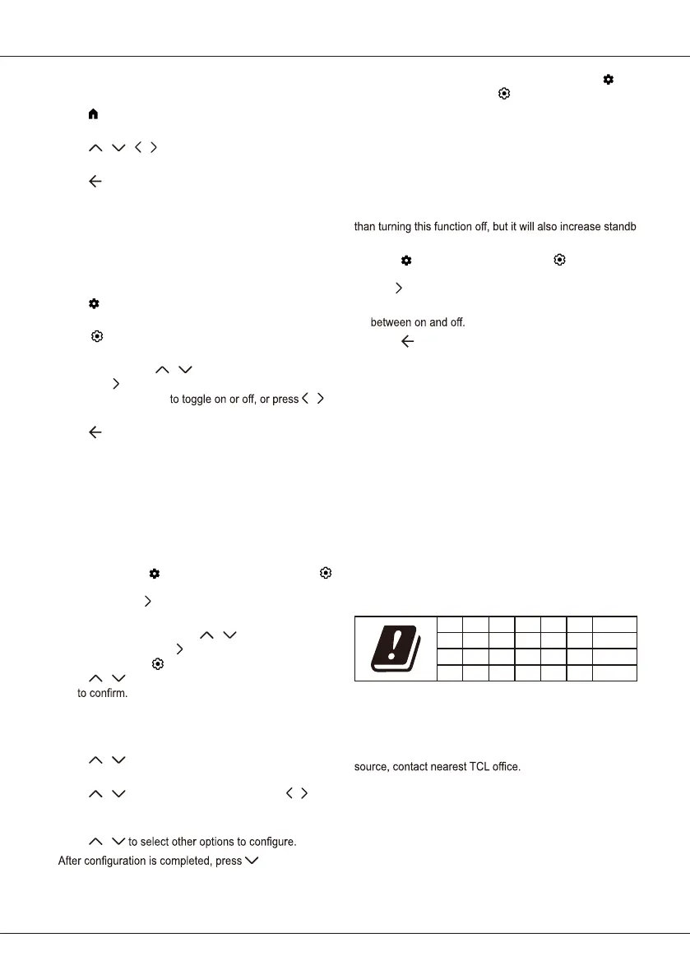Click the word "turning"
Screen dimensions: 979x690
click(x=401, y=227)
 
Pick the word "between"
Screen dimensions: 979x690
click(x=391, y=322)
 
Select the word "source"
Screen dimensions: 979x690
click(x=372, y=767)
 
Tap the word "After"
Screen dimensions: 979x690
click(x=72, y=861)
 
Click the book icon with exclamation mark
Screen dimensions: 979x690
click(x=393, y=648)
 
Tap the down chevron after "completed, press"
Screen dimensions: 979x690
click(x=252, y=861)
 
